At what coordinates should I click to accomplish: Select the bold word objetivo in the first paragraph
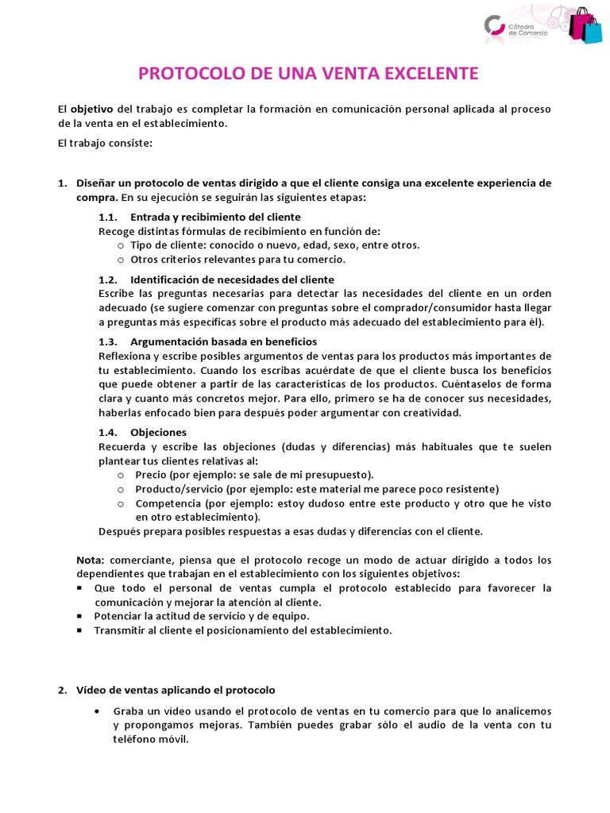pyautogui.click(x=92, y=109)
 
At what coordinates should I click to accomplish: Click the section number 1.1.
pyautogui.click(x=108, y=217)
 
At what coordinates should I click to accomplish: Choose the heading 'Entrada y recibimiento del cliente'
pyautogui.click(x=215, y=217)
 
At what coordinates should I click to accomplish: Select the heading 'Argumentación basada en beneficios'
pyautogui.click(x=218, y=341)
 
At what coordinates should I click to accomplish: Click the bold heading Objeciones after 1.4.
pyautogui.click(x=158, y=433)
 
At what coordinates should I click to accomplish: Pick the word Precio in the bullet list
pyautogui.click(x=151, y=475)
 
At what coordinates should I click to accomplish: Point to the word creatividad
pyautogui.click(x=431, y=413)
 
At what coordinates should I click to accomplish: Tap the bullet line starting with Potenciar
pyautogui.click(x=202, y=615)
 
